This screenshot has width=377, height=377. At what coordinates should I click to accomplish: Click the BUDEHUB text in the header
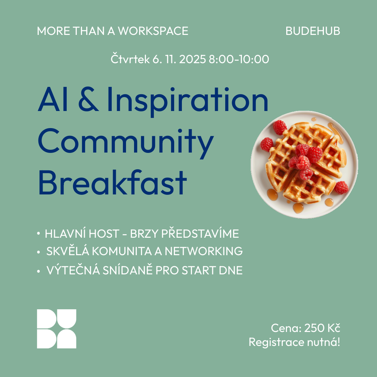click(313, 31)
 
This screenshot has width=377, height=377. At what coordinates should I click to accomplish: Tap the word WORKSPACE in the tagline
click(153, 31)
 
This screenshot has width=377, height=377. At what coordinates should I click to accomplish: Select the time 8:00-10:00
click(239, 59)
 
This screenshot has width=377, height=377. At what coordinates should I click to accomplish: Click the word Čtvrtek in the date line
click(130, 59)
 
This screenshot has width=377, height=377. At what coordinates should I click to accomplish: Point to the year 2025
click(192, 59)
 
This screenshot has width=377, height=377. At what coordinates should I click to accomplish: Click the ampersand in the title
click(88, 99)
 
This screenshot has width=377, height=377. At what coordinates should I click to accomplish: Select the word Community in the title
click(126, 143)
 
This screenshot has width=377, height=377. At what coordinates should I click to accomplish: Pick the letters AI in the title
click(49, 99)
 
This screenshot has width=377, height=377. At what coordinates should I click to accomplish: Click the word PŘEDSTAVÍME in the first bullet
click(200, 234)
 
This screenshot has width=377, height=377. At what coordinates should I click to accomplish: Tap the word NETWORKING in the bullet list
click(204, 251)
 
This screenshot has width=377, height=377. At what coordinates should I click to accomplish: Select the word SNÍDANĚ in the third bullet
click(128, 270)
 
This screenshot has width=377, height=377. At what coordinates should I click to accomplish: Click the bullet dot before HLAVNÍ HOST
click(38, 234)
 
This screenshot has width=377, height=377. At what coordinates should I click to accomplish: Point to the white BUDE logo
click(57, 329)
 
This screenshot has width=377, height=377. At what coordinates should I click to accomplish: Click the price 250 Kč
click(322, 328)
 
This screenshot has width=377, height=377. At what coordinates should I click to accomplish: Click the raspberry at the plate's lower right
click(341, 187)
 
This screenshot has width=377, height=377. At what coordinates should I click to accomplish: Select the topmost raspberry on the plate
click(280, 127)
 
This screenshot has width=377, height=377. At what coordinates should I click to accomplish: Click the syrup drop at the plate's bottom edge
click(298, 208)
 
